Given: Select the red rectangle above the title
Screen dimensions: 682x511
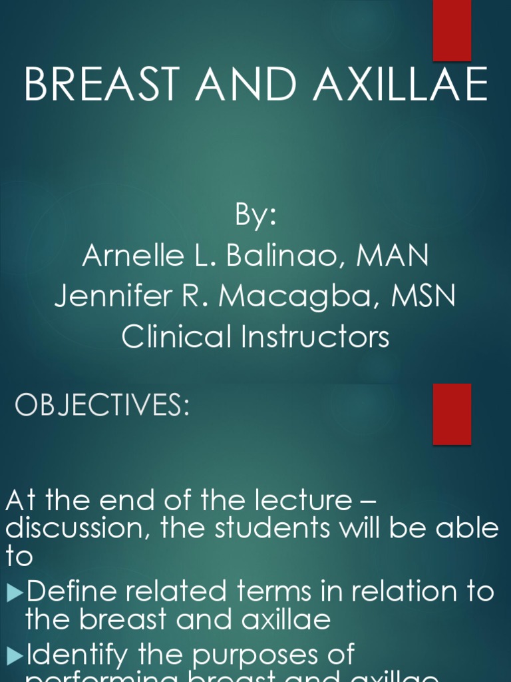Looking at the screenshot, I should (x=452, y=30).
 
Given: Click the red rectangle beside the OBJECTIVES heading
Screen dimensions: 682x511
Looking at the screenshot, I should (x=452, y=414).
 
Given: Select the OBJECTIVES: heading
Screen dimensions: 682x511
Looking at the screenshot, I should (x=102, y=406).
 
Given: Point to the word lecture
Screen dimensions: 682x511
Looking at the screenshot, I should (x=300, y=501).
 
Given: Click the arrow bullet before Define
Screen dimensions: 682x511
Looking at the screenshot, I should (x=15, y=591).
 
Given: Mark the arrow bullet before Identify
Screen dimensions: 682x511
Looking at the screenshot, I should (x=15, y=655).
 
